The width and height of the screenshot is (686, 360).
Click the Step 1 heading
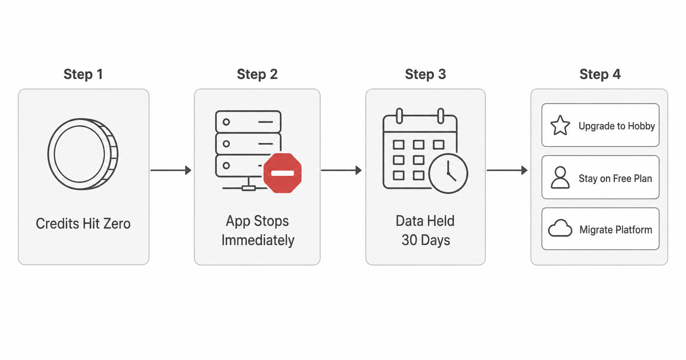pyautogui.click(x=83, y=74)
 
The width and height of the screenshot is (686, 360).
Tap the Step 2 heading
pyautogui.click(x=257, y=74)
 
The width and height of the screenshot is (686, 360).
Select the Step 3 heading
pyautogui.click(x=425, y=74)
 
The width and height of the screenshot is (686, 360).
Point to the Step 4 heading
pyautogui.click(x=600, y=74)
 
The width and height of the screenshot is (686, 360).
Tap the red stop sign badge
pyautogui.click(x=283, y=173)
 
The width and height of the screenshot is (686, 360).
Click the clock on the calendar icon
pyautogui.click(x=448, y=173)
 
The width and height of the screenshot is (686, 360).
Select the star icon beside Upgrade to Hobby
pyautogui.click(x=560, y=126)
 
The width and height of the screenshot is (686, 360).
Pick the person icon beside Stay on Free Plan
pyautogui.click(x=560, y=177)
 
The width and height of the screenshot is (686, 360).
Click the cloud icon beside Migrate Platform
pyautogui.click(x=560, y=229)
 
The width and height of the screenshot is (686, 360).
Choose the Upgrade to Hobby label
pyautogui.click(x=617, y=126)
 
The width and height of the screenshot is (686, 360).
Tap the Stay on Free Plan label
pyautogui.click(x=615, y=179)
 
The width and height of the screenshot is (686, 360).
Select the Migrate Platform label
pyautogui.click(x=615, y=230)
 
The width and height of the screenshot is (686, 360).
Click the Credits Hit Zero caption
pyautogui.click(x=83, y=224)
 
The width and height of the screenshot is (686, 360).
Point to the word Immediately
pyautogui.click(x=258, y=240)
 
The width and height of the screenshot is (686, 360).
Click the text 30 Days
pyautogui.click(x=426, y=240)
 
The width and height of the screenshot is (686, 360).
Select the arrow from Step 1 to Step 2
pyautogui.click(x=171, y=170)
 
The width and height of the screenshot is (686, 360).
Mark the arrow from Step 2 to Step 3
pyautogui.click(x=341, y=170)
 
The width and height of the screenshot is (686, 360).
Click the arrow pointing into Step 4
pyautogui.click(x=507, y=170)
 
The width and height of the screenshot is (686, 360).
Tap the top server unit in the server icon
pyautogui.click(x=248, y=122)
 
